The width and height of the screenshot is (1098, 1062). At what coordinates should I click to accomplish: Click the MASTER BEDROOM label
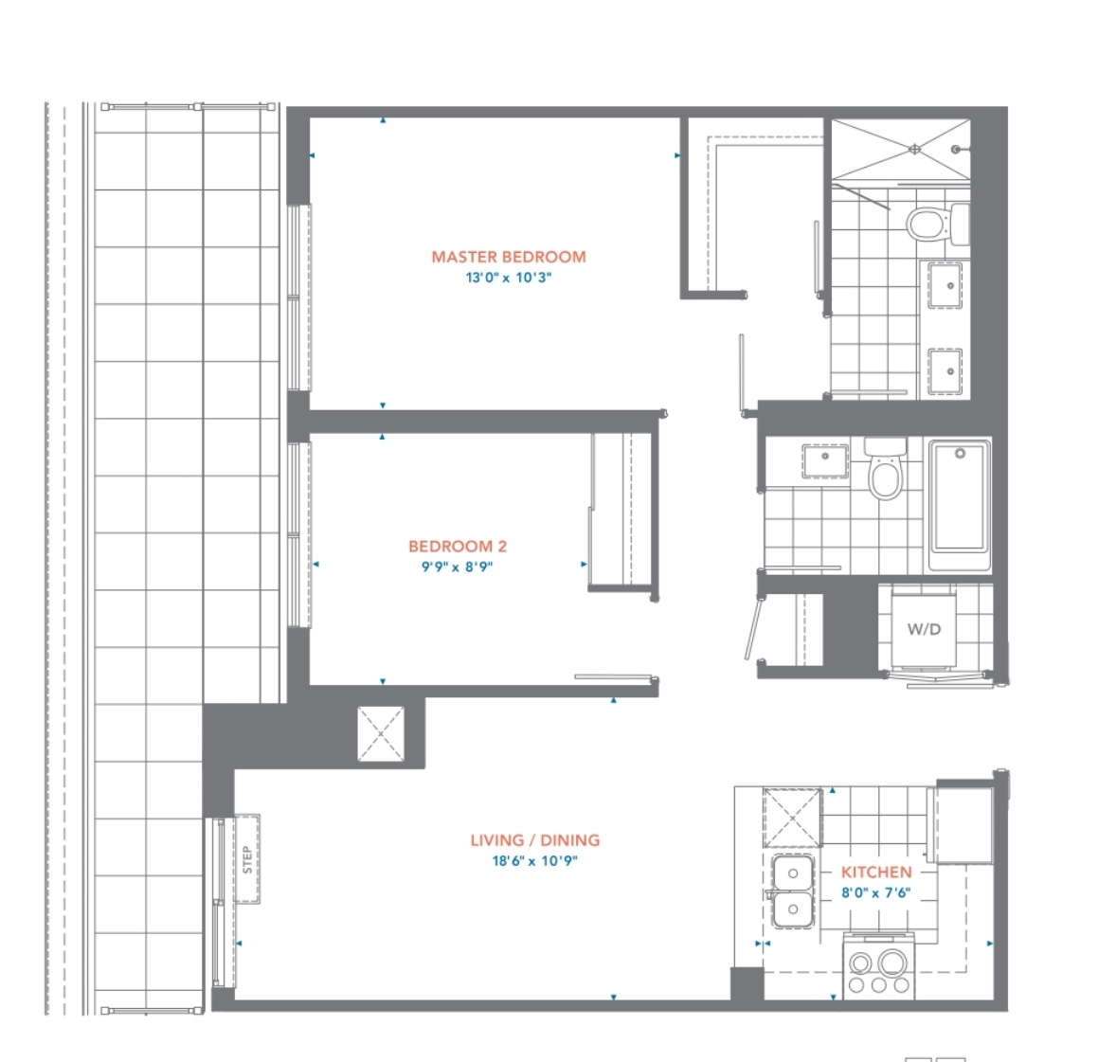point(509,257)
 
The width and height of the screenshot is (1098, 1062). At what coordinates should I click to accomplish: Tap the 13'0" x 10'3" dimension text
point(509,278)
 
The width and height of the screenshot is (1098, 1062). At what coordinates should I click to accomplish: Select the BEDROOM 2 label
point(458,546)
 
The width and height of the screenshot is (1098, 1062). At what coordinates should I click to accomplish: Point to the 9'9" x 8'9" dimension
point(457,567)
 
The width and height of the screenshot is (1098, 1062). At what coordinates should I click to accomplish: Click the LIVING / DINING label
point(535,840)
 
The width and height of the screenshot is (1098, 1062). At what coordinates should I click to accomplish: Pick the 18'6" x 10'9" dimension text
point(535,860)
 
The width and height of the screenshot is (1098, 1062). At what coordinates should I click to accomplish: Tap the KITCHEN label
point(876,873)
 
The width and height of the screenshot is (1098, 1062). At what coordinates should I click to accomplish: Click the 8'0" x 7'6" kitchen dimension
point(876,892)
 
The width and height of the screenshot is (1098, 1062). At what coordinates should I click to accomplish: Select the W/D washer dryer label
point(924,629)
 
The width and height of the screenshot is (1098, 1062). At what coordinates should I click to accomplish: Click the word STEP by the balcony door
point(247,859)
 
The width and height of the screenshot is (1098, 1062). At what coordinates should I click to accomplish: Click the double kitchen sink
point(793,891)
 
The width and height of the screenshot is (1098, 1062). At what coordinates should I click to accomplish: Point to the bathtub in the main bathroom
point(960,506)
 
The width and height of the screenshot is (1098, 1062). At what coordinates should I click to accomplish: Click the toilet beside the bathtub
point(885,469)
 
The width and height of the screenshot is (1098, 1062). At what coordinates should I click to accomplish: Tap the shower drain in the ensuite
point(914,149)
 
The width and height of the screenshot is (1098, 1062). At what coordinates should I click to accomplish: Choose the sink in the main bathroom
point(825,461)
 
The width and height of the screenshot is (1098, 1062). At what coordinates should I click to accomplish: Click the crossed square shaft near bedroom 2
point(381,733)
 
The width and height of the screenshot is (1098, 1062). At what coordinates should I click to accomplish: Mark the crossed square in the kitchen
point(792,818)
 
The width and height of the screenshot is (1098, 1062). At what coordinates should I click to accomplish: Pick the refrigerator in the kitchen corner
point(960,824)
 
